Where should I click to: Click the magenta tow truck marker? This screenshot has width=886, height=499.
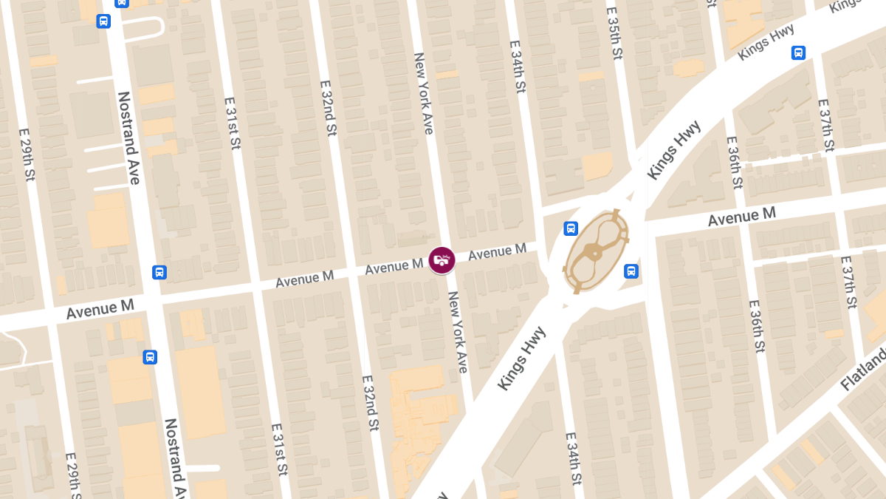(x=442, y=260)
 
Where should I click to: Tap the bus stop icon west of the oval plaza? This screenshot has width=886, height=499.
(x=571, y=228)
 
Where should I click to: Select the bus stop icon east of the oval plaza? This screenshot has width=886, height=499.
(x=631, y=271)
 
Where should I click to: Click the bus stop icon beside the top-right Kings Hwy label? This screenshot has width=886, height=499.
(x=798, y=52)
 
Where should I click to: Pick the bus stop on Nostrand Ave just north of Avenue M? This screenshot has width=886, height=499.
(x=159, y=272)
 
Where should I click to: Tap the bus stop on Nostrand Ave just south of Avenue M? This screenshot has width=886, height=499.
(x=150, y=357)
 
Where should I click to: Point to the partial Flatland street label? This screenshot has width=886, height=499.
(x=865, y=370)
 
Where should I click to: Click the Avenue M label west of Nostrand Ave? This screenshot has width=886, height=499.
(x=100, y=308)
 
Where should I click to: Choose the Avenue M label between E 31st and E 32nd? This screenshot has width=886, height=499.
(x=304, y=279)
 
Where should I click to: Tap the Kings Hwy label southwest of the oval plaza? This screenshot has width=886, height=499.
(x=521, y=358)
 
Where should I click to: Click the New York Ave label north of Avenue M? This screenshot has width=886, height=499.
(x=424, y=92)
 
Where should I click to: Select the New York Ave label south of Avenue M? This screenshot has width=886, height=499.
(x=458, y=331)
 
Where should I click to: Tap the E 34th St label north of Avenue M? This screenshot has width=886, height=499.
(x=518, y=67)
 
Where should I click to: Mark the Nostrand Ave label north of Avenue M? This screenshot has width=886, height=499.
(x=128, y=138)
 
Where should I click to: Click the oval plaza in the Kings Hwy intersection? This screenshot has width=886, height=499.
(x=596, y=250)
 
